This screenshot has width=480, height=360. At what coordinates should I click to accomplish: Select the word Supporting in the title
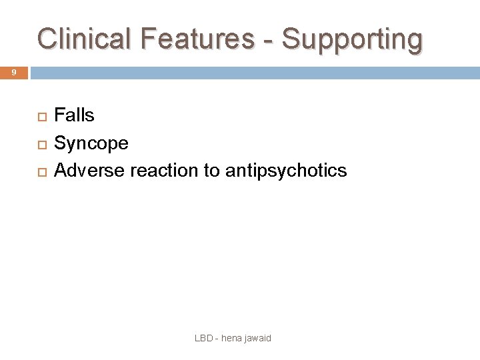352,40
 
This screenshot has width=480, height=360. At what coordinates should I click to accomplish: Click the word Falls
74,115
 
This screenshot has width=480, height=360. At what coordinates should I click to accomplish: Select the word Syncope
91,143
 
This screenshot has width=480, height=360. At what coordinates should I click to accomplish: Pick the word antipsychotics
286,171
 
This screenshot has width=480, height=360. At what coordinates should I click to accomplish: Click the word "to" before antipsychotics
211,171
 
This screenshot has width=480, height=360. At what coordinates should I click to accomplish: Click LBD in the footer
203,338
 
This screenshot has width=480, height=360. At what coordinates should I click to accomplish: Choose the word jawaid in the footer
258,339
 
